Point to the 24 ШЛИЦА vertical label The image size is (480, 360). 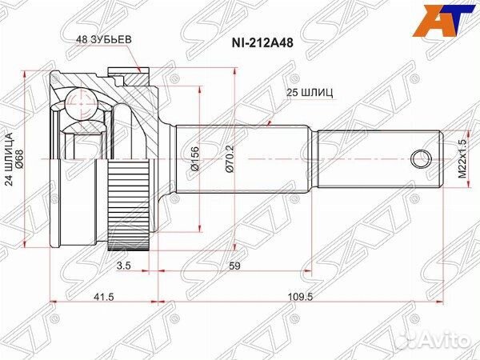[10, 158]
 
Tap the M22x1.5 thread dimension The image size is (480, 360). [462, 158]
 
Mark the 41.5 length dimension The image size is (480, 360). [104, 297]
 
